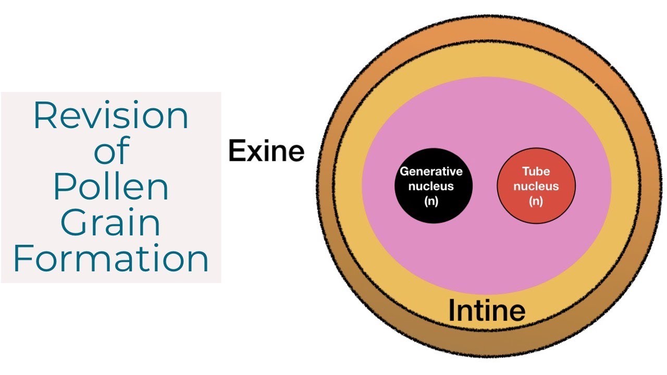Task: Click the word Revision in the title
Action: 111,116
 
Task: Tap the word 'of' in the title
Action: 112,151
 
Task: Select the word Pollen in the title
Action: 112,186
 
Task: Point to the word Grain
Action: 110,222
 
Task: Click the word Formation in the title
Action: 111,258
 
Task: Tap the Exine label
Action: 266,151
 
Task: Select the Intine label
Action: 487,310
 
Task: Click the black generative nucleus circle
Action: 433,186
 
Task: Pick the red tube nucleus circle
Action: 536,186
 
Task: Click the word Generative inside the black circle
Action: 431,171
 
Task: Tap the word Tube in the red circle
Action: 536,171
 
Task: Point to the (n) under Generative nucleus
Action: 431,201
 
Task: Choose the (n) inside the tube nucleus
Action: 536,201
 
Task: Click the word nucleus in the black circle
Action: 431,186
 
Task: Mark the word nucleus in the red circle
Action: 536,186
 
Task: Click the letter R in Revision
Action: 45,116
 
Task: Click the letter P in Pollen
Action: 64,186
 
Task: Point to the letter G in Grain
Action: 73,222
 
